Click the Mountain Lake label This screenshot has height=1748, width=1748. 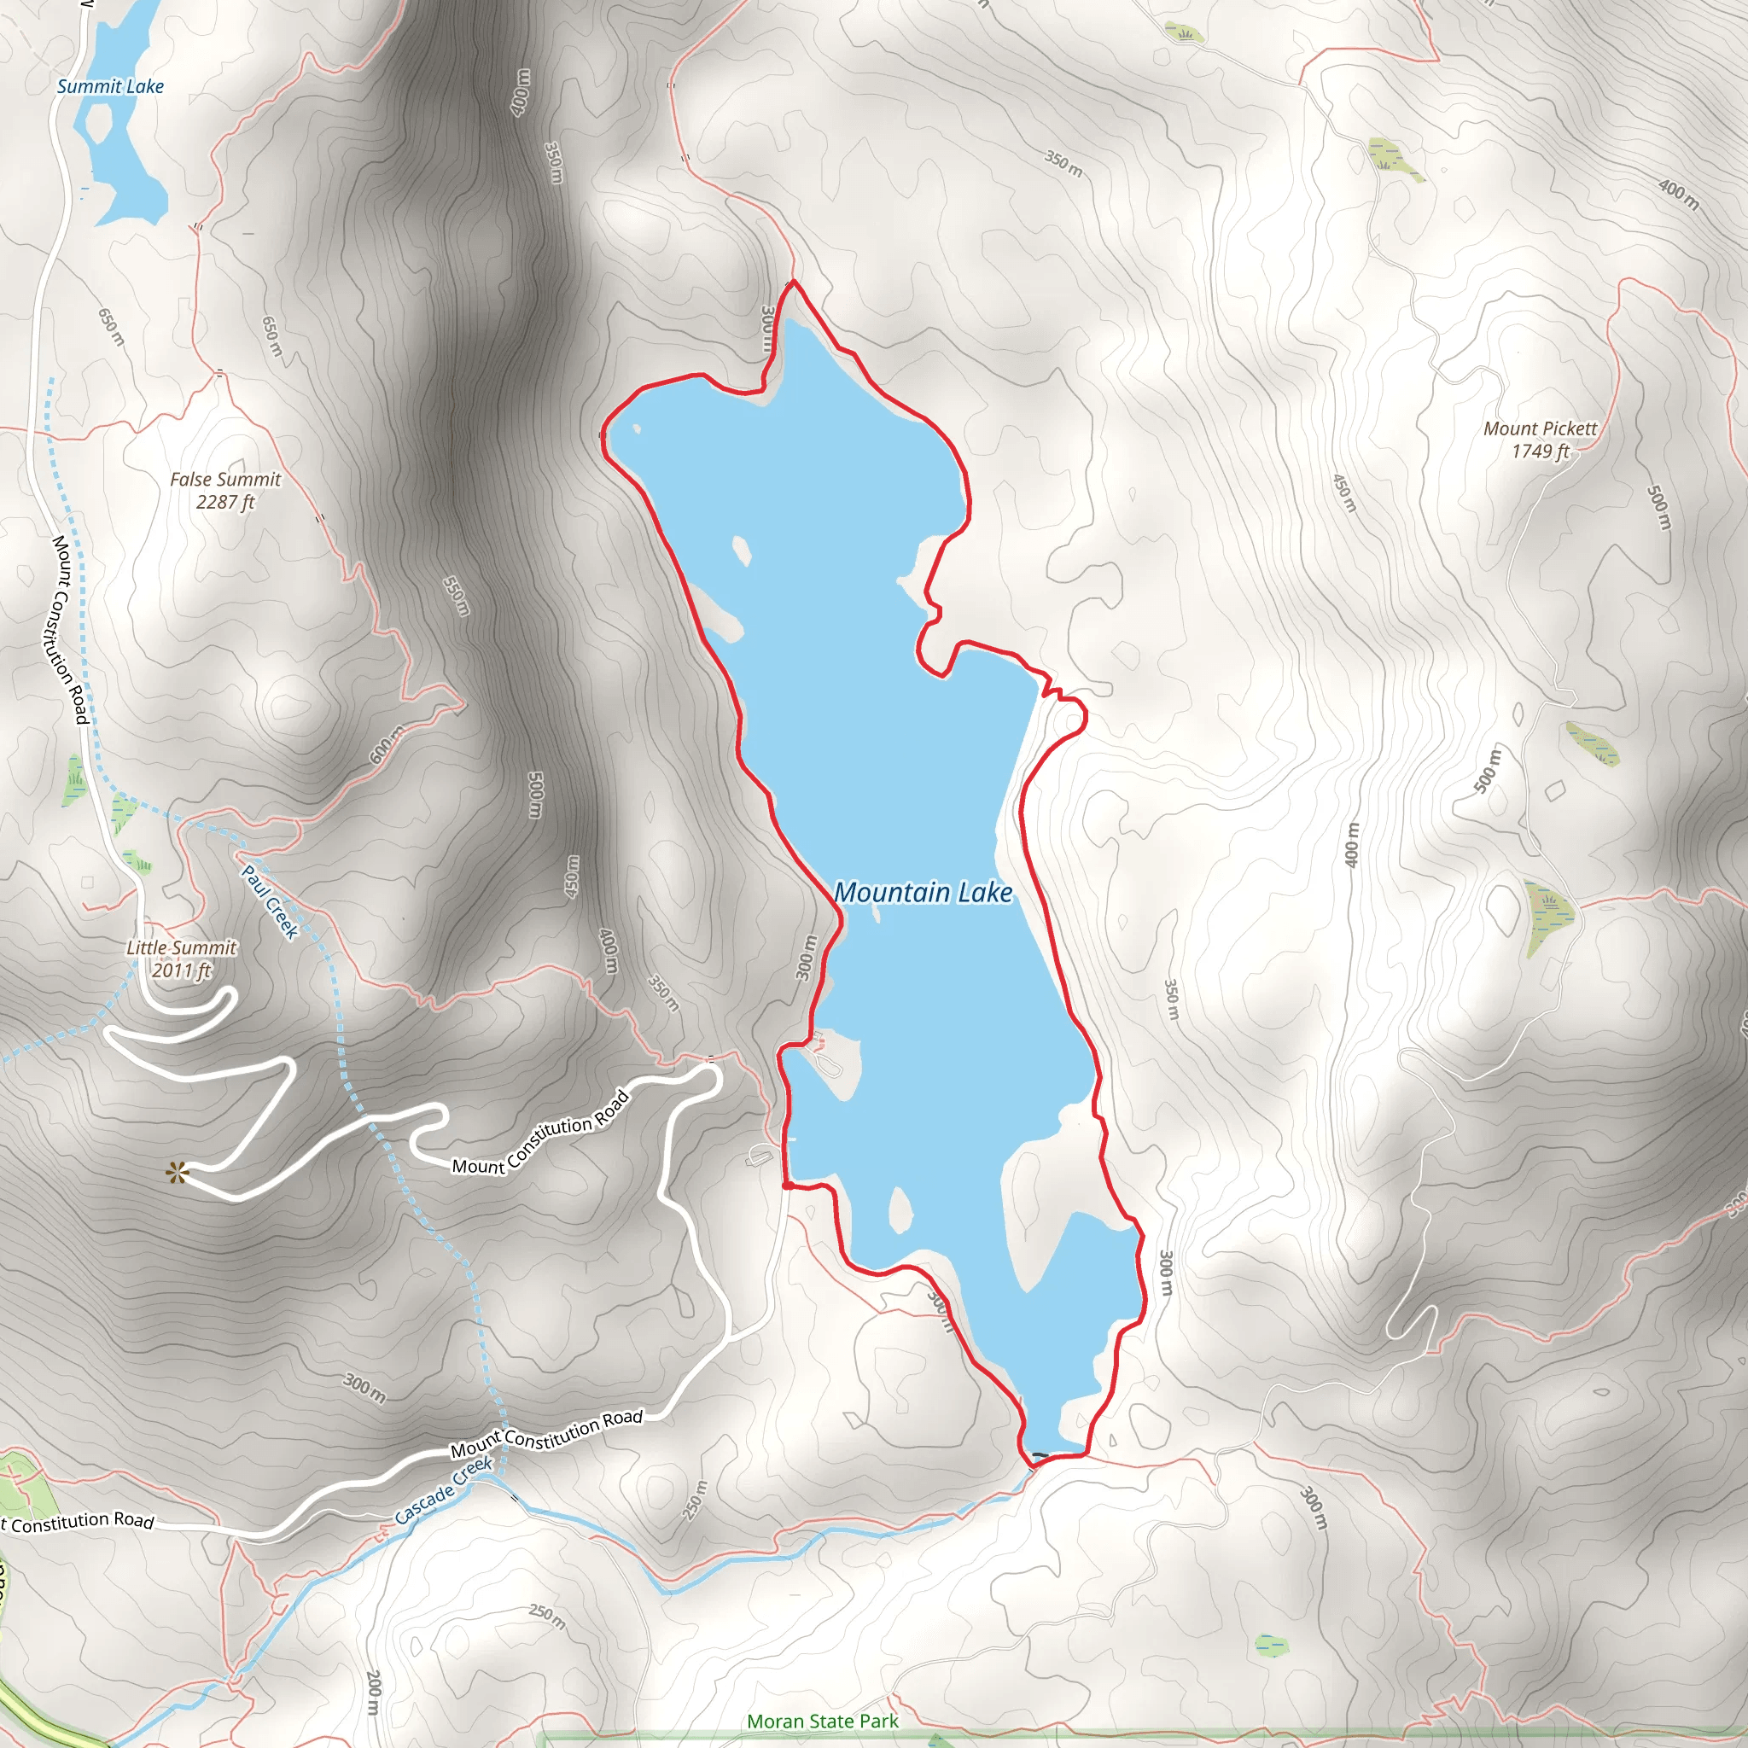(x=922, y=893)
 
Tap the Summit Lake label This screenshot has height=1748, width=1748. (x=110, y=87)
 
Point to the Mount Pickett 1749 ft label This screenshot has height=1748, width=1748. (x=1540, y=440)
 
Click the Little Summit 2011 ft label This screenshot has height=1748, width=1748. (x=182, y=959)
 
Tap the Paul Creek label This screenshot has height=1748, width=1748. (x=270, y=901)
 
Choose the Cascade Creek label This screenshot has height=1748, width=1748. (x=443, y=1490)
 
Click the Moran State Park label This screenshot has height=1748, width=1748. (x=823, y=1721)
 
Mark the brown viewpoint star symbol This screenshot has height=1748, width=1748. (x=177, y=1174)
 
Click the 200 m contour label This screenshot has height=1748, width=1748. (x=374, y=1693)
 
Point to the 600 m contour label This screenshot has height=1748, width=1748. (x=387, y=744)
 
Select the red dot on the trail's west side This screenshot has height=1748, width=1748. (x=788, y=1185)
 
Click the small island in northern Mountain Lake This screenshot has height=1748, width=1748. (x=741, y=551)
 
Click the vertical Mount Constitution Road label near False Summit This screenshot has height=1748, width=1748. (x=69, y=629)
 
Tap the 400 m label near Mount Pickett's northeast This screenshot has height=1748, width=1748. (x=1677, y=193)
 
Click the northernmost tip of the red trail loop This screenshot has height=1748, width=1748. (x=794, y=283)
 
